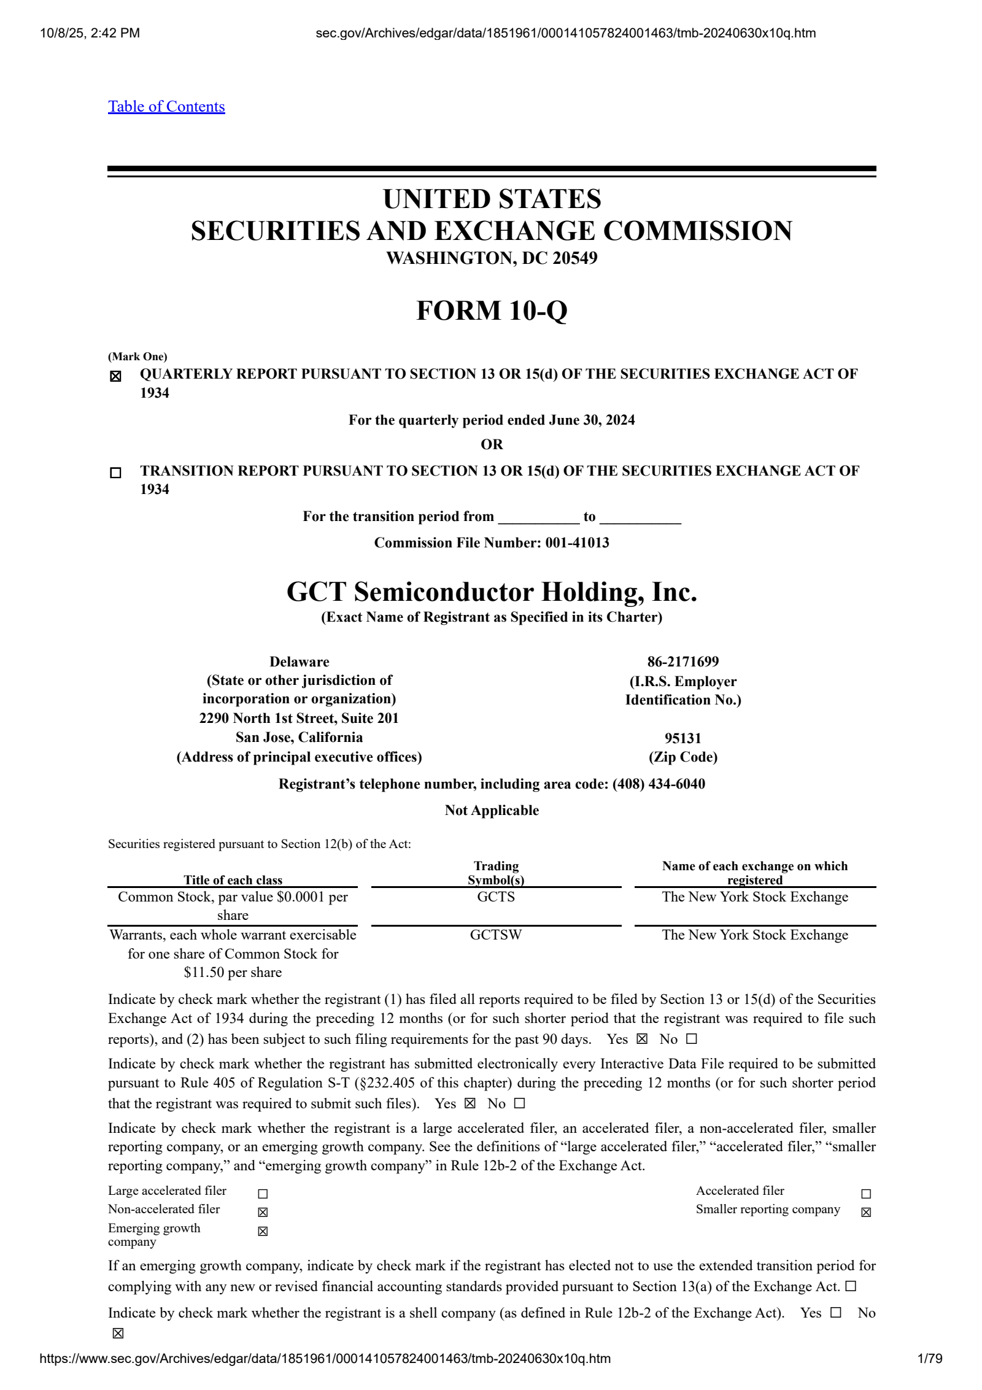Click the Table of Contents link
point(166,107)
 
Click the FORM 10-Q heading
point(492,311)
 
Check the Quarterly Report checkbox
point(115,376)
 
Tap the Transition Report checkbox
point(115,473)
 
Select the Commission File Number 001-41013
point(577,542)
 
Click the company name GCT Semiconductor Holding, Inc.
point(492,592)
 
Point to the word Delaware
point(299,662)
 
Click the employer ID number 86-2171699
point(682,662)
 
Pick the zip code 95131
point(682,738)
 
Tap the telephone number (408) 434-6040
point(659,784)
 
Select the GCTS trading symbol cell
point(496,897)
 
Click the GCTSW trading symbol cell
point(496,935)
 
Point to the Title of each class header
point(233,880)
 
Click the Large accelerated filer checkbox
point(263,1194)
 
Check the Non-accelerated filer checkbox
point(263,1212)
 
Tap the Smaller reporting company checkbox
point(866,1212)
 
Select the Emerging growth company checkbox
point(263,1231)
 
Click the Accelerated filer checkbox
point(866,1194)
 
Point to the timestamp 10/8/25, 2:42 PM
point(90,33)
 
